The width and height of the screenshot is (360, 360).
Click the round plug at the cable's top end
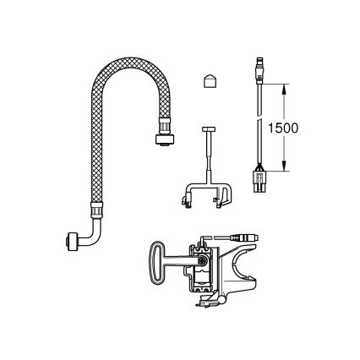coord(259,67)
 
